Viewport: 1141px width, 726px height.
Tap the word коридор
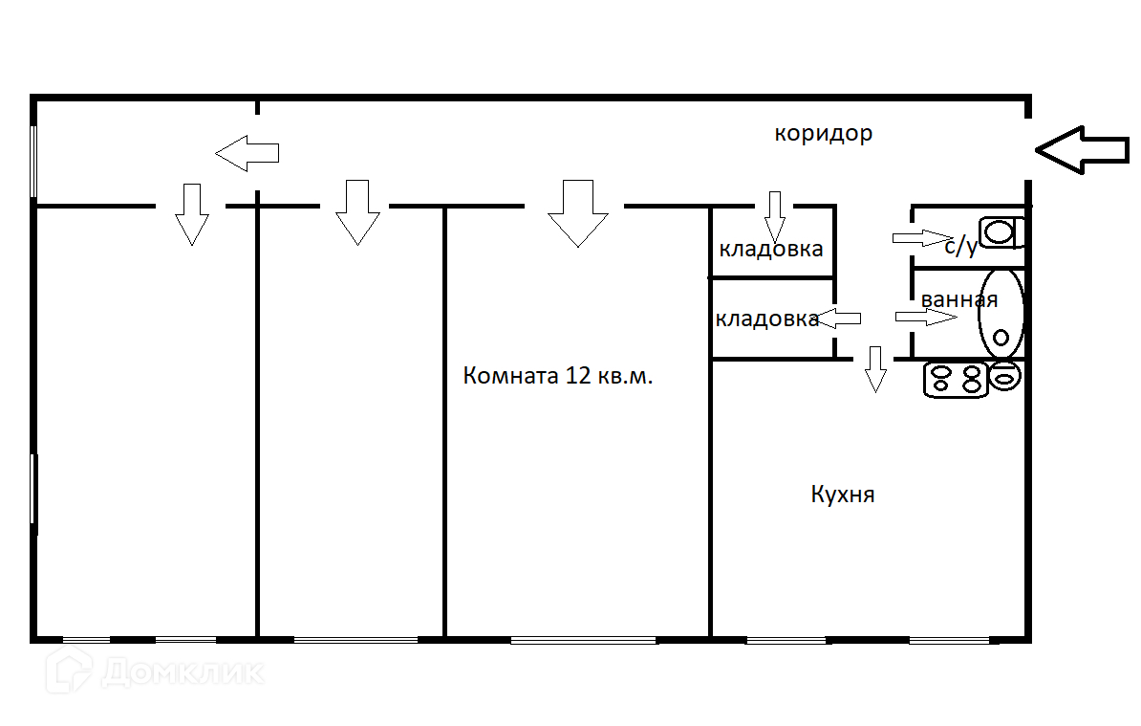pos(823,133)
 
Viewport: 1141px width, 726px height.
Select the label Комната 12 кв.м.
pos(558,376)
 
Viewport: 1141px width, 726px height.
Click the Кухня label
pos(843,495)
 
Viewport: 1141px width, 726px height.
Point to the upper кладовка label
pos(771,250)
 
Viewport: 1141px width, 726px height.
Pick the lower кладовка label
pos(766,319)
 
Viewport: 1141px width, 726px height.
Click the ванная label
pos(959,299)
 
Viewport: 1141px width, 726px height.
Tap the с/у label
pos(960,246)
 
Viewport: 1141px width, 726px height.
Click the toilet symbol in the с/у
pos(1001,231)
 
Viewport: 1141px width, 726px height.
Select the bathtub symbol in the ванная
pos(1001,314)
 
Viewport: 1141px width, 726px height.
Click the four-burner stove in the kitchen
pos(955,379)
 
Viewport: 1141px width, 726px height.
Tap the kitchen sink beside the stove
pos(1005,378)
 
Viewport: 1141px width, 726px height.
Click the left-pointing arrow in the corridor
pos(247,152)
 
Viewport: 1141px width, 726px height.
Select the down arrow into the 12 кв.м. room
pos(577,212)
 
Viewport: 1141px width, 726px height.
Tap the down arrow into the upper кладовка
pos(774,216)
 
